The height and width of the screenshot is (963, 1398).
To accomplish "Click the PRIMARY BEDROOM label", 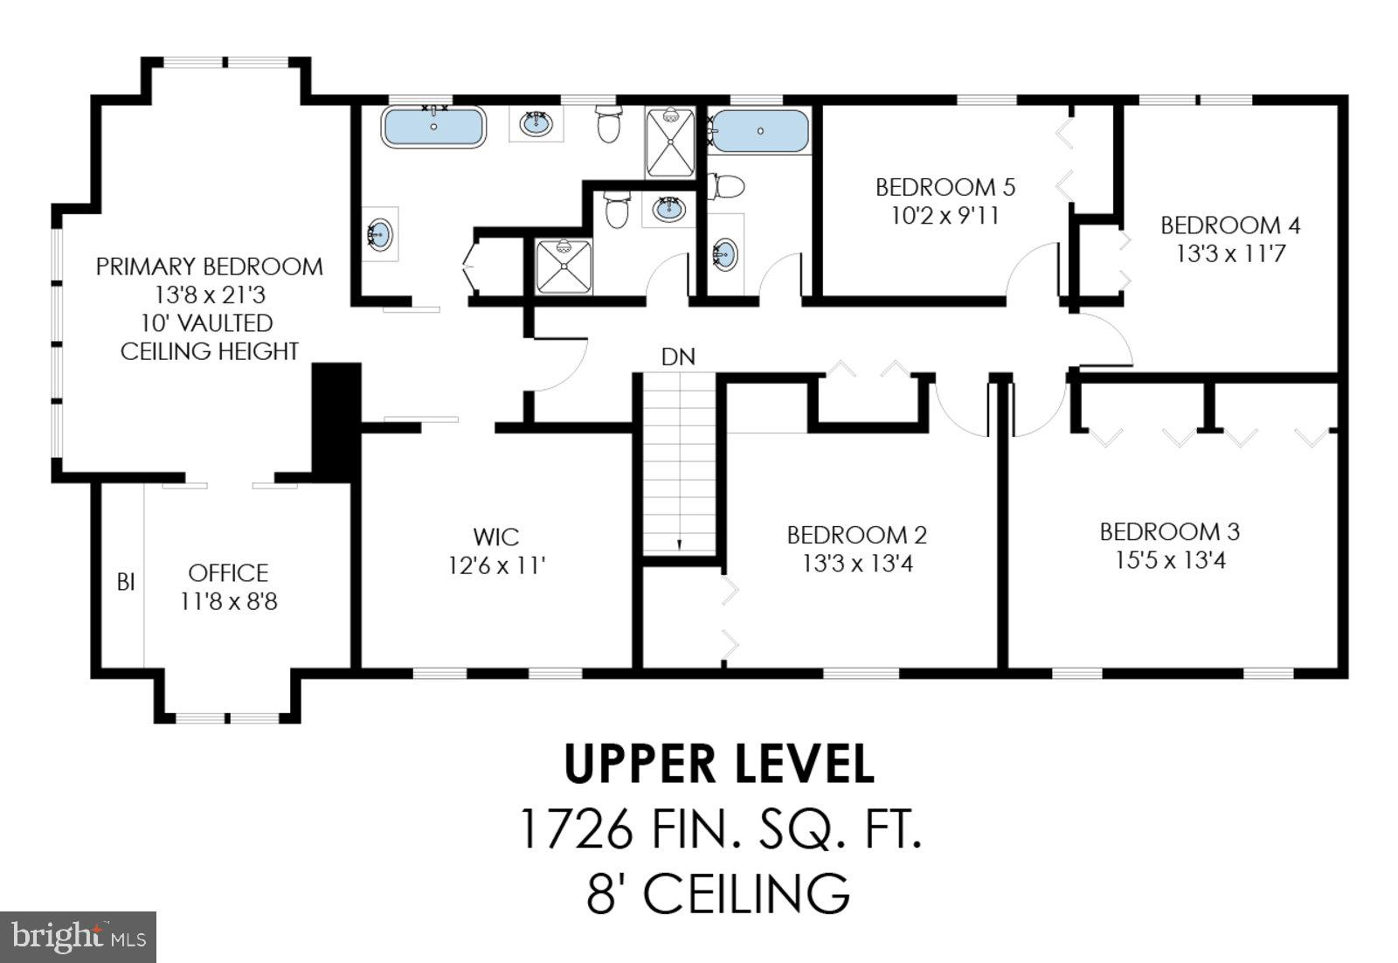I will tap(209, 267).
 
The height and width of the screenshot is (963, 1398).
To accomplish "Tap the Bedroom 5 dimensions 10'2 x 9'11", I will tap(945, 216).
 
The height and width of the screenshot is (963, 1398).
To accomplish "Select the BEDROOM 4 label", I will tap(1229, 225).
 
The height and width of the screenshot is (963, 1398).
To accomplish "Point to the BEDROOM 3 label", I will tap(1169, 531).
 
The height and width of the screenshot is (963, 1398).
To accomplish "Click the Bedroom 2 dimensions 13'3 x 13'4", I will tap(857, 564).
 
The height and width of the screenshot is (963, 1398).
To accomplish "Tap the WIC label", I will tap(496, 537).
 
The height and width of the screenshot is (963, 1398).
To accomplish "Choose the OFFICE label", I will tap(228, 573).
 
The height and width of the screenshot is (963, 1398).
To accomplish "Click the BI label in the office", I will tap(126, 582).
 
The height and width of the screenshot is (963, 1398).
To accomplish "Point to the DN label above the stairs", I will tap(678, 357).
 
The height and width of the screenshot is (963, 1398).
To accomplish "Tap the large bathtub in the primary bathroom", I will tap(433, 128).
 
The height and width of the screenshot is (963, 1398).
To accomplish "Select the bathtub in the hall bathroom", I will tap(760, 131).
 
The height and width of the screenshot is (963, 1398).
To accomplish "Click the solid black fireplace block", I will tap(337, 419).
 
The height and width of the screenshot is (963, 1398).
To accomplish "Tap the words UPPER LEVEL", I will tap(718, 764).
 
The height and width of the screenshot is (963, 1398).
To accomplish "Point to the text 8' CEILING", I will tap(718, 893).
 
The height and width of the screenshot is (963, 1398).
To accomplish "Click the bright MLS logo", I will tap(78, 937).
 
